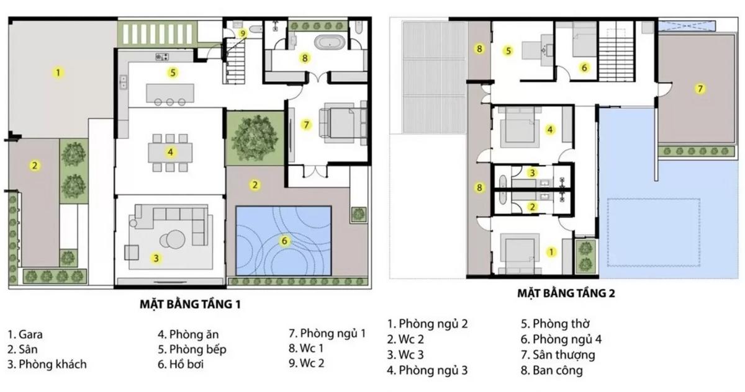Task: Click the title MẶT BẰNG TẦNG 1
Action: point(190,305)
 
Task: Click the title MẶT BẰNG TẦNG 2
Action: point(566,293)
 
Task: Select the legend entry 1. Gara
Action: point(25,334)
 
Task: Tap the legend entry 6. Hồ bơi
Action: point(181,364)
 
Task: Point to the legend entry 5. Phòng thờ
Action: point(555,324)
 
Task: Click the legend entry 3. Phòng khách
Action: point(47,364)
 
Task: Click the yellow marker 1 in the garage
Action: point(58,72)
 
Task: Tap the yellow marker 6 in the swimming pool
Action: point(285,241)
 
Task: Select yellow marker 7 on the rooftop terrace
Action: point(700,89)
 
